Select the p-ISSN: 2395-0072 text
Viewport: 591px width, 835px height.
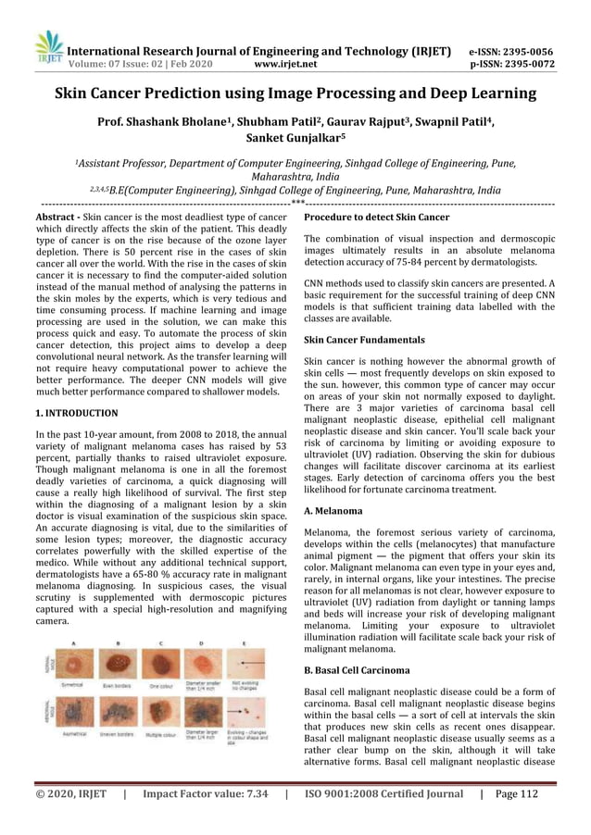tap(511, 65)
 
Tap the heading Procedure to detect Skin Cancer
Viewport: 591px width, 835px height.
tap(376, 218)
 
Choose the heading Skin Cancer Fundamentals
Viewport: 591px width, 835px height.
tap(364, 341)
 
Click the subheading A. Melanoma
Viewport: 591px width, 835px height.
tap(333, 511)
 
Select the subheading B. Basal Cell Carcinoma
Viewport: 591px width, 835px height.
tap(358, 667)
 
